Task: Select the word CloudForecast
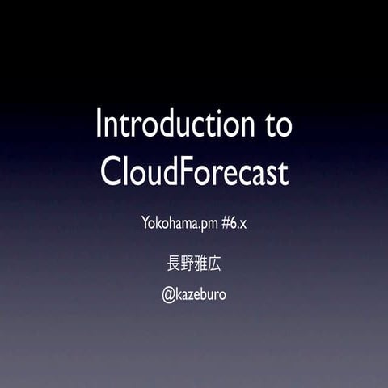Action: point(194,172)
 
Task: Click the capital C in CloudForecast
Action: point(110,172)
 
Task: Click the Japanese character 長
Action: point(171,264)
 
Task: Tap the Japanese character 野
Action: point(186,264)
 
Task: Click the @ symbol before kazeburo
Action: point(169,295)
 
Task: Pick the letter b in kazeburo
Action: point(207,294)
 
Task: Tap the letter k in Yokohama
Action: point(160,222)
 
